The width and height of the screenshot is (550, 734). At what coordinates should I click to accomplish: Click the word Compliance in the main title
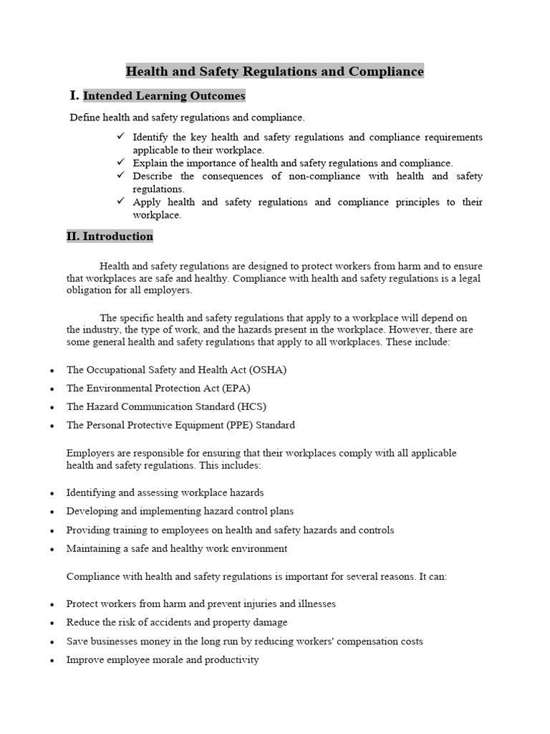point(386,72)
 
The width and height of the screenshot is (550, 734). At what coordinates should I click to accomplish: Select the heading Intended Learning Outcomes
point(164,96)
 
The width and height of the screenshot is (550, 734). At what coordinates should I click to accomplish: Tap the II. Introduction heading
point(110,237)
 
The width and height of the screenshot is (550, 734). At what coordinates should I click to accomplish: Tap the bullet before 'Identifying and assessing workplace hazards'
point(52,494)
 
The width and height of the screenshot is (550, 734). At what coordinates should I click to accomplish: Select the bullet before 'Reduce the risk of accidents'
point(52,624)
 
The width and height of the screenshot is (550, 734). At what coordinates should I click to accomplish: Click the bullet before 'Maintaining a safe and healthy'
point(52,550)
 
